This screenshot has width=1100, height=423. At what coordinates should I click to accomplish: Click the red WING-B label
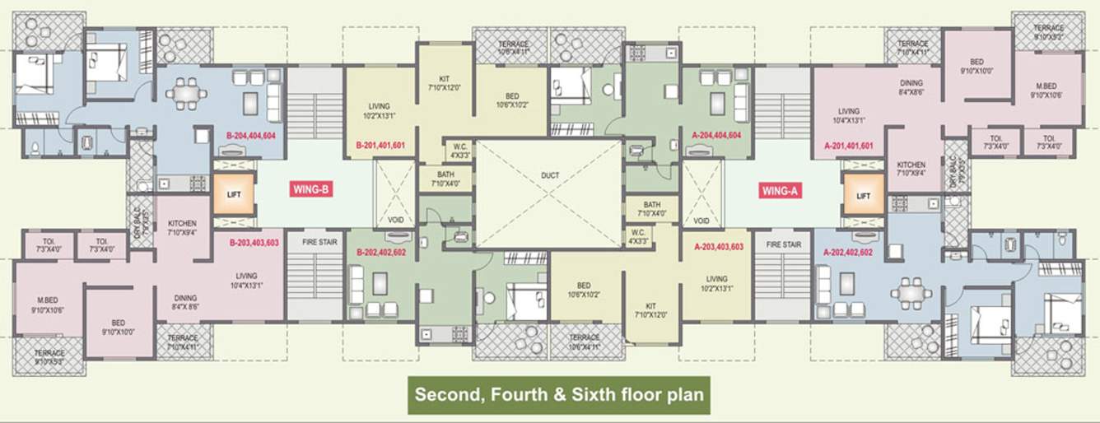(312, 189)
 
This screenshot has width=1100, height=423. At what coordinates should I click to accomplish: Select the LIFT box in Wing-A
(863, 196)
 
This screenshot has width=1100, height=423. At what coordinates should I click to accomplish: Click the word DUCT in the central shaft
(550, 174)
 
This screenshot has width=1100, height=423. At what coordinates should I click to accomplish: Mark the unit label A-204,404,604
(716, 135)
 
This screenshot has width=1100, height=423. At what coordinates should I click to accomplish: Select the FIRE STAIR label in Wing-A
(783, 244)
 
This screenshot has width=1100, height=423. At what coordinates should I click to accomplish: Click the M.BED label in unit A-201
(1046, 86)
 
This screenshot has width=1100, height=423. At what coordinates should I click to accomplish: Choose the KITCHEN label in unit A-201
(911, 165)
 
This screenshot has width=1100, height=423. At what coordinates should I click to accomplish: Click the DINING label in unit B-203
(184, 298)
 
